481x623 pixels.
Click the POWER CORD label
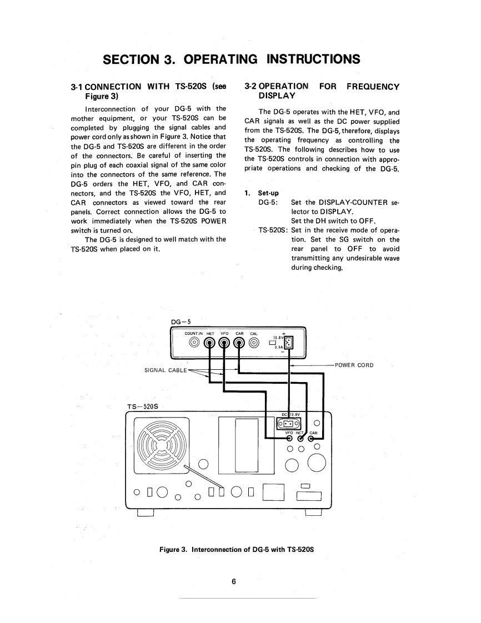353,365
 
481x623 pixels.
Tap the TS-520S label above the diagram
143,406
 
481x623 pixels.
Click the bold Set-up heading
269,193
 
